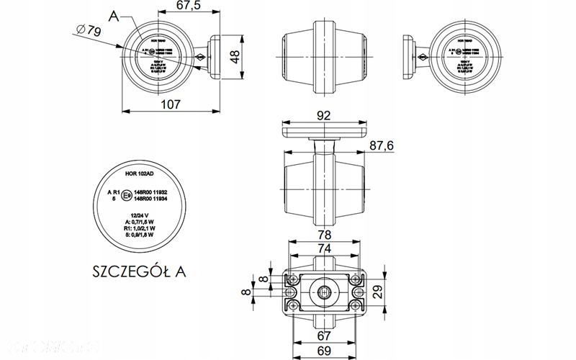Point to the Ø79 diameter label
pos(88,30)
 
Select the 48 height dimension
pos(234,57)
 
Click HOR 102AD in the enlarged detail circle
pos(140,174)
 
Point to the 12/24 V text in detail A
pos(140,215)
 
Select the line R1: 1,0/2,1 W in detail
pos(141,228)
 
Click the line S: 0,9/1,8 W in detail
pos(141,234)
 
